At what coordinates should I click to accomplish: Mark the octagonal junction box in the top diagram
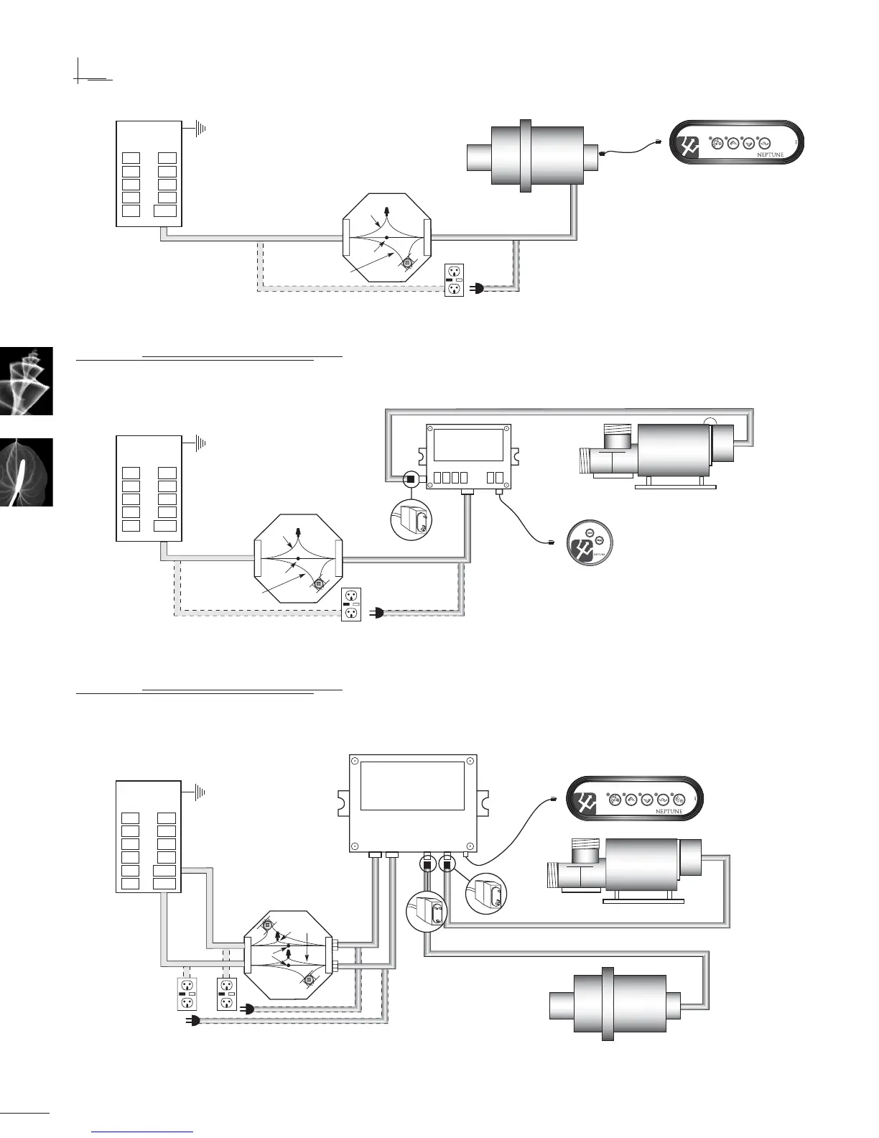pos(386,240)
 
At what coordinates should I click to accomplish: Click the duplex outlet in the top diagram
pos(454,280)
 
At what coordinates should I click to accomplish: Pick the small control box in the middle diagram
pos(468,456)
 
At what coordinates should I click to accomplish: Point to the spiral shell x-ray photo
pos(27,381)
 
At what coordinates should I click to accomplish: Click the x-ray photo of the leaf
pos(27,472)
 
